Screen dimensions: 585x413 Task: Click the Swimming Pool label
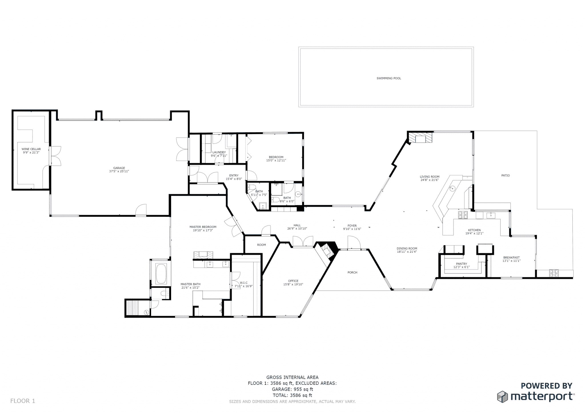tap(388, 78)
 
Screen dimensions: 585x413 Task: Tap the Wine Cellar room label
tap(31, 149)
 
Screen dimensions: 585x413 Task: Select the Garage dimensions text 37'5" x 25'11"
tap(119, 171)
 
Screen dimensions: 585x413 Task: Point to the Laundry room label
tap(219, 152)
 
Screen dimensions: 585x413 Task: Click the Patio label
tap(505, 176)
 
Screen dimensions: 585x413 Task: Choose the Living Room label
tap(429, 177)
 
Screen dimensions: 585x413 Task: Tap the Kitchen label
tap(474, 230)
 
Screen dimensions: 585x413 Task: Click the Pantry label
tap(461, 264)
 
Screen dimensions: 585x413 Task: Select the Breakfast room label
tap(511, 258)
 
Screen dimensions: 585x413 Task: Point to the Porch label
tap(352, 272)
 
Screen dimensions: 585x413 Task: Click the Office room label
tap(293, 281)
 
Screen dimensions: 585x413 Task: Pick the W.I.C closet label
tap(243, 283)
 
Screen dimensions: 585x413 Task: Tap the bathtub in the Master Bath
tap(162, 274)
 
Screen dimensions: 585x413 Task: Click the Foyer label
tap(352, 226)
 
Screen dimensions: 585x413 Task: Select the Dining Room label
tap(407, 248)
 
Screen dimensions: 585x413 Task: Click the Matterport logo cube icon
tap(502, 397)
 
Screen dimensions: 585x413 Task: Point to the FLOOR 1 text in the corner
tap(23, 401)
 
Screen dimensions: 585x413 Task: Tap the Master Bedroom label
tap(203, 227)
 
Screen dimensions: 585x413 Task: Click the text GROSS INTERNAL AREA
tap(292, 378)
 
